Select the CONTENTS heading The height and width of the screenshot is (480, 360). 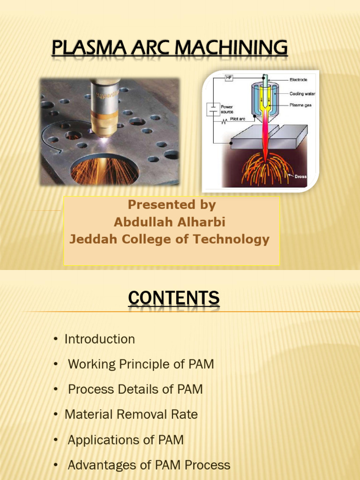(173, 299)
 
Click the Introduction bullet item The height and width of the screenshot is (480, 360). (99, 339)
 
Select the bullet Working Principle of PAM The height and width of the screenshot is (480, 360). (141, 364)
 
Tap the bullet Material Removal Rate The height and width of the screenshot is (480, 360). (131, 414)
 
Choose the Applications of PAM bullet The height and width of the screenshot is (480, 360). (126, 440)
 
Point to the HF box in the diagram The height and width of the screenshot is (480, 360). (229, 77)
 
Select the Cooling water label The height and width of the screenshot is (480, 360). (302, 94)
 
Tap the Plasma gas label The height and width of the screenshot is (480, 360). (300, 105)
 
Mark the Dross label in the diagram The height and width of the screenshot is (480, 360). (301, 177)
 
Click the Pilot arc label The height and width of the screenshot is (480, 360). (238, 119)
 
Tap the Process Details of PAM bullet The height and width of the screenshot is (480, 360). (135, 389)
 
